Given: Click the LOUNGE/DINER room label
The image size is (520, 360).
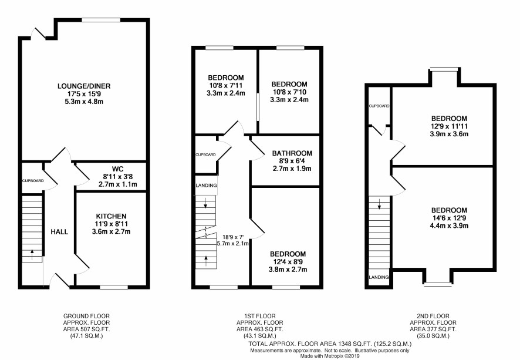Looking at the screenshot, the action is (84, 86).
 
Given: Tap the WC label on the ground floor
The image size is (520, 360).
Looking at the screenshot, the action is (118, 169).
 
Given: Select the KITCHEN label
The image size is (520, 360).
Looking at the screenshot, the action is (111, 216).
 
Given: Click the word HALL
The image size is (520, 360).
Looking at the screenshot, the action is (59, 232).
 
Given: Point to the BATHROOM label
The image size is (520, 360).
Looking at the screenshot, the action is (292, 153).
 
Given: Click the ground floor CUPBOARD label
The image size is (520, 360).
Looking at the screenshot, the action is (33, 181).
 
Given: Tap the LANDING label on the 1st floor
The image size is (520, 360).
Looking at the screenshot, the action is (206, 186).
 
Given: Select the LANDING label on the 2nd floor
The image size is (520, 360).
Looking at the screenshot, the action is (379, 277).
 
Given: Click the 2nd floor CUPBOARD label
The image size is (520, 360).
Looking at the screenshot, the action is (379, 106).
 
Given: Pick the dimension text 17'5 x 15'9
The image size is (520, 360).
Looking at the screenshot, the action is (84, 94).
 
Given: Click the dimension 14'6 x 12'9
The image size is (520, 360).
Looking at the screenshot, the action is (449, 218).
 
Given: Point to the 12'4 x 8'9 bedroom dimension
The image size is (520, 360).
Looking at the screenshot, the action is (288, 262).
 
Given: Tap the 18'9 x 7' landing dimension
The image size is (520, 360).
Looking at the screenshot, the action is (233, 237).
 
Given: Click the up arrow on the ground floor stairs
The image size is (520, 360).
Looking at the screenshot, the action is (32, 254).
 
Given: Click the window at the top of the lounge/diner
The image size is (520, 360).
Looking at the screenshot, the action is (101, 20).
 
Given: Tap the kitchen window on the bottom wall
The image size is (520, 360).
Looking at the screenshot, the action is (114, 287).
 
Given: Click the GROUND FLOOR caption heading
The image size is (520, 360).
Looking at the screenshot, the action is (86, 316).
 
